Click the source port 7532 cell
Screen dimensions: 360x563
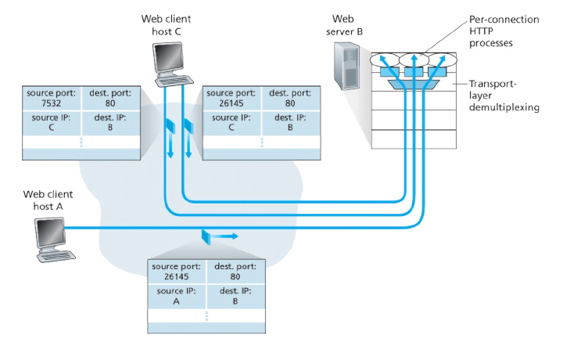[x=51, y=97]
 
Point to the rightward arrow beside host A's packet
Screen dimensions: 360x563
[x=226, y=234]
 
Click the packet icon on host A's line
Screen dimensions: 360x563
[x=205, y=235]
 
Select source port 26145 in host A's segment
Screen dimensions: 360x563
[x=176, y=272]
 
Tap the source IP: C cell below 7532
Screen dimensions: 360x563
[x=51, y=123]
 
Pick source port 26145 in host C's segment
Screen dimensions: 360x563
[x=229, y=97]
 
